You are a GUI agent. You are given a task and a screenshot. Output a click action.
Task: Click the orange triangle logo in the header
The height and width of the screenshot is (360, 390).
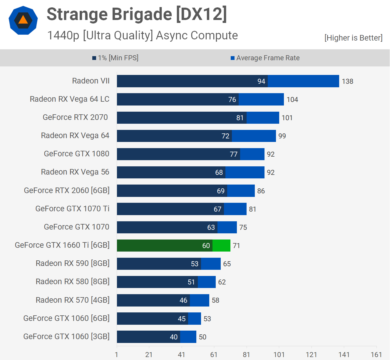pyautogui.click(x=23, y=20)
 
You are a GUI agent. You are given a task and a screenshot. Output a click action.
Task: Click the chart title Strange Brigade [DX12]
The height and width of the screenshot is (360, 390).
pyautogui.click(x=137, y=14)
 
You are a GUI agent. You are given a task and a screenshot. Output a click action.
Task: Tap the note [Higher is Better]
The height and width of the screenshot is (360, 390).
pyautogui.click(x=353, y=38)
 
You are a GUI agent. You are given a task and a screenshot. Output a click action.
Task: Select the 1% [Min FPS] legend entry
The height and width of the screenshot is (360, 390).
pyautogui.click(x=115, y=58)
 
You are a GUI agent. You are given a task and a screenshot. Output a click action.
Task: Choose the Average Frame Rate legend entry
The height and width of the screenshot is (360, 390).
pyautogui.click(x=265, y=58)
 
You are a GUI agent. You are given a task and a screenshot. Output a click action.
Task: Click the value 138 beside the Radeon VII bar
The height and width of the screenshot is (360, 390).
pyautogui.click(x=347, y=81)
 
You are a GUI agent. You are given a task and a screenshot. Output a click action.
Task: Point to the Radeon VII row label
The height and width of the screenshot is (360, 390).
pyautogui.click(x=91, y=81)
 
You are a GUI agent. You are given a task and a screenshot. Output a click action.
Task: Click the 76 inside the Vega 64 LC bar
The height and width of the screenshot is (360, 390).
pyautogui.click(x=232, y=100)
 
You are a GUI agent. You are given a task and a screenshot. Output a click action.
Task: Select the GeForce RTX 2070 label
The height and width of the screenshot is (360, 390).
pyautogui.click(x=75, y=117)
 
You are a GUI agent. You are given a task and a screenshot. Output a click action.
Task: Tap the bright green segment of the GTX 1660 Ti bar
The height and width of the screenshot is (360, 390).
pyautogui.click(x=221, y=246)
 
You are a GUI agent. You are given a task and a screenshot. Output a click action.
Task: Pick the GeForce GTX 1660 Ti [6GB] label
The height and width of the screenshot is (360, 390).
pyautogui.click(x=62, y=245)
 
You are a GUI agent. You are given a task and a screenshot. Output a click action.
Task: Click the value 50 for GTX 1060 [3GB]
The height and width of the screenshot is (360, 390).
pyautogui.click(x=202, y=337)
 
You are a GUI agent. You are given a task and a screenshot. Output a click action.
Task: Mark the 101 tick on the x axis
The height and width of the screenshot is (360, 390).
pyautogui.click(x=279, y=355)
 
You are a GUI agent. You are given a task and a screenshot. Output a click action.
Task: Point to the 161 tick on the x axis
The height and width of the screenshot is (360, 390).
pyautogui.click(x=376, y=355)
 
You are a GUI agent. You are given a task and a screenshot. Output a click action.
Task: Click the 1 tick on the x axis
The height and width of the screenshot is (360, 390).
pyautogui.click(x=117, y=355)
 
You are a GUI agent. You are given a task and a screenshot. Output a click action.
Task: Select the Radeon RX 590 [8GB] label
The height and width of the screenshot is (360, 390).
pyautogui.click(x=73, y=263)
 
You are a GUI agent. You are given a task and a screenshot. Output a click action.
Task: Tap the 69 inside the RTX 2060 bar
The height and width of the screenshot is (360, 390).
pyautogui.click(x=221, y=191)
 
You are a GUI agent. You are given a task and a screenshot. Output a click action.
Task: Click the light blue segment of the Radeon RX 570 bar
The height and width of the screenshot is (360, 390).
pyautogui.click(x=200, y=300)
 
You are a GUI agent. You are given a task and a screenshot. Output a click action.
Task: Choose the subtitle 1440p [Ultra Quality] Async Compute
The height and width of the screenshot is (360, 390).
pyautogui.click(x=143, y=36)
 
